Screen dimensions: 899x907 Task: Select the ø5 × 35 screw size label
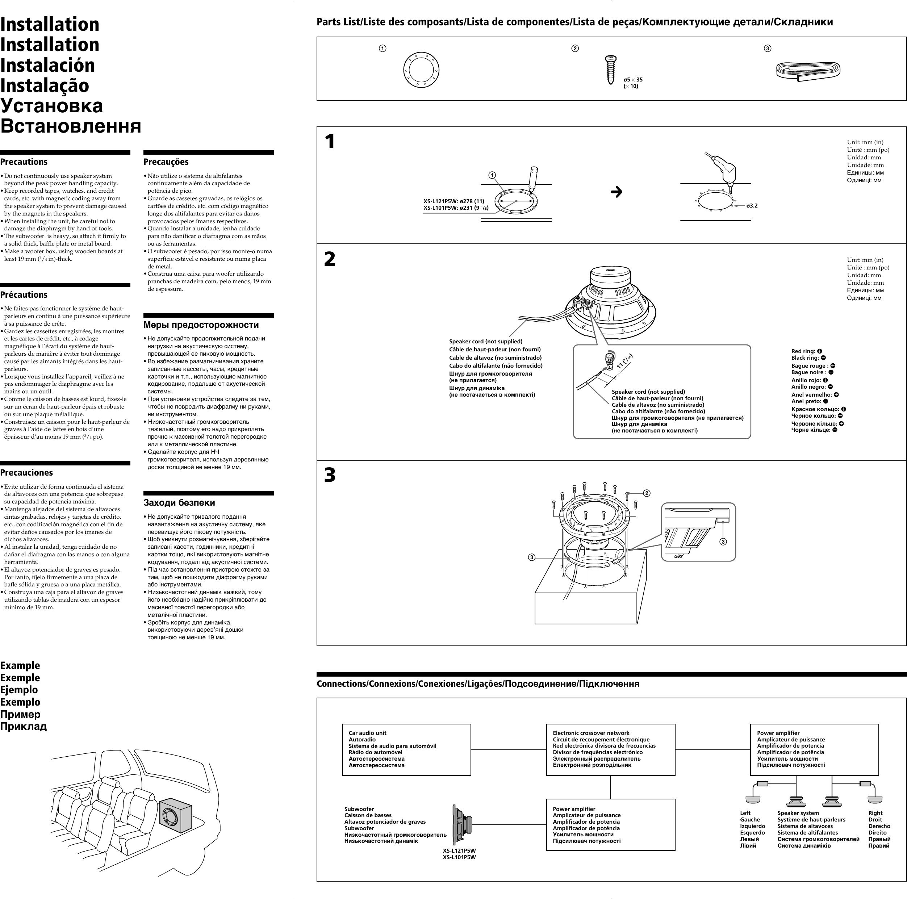(633, 79)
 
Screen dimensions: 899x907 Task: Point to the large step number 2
(330, 259)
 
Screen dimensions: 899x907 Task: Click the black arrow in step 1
(616, 192)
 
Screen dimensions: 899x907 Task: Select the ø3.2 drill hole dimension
(752, 206)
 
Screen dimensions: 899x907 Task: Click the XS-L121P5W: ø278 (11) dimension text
(453, 201)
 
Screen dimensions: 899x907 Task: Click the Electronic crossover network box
(610, 749)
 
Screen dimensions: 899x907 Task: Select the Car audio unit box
(406, 749)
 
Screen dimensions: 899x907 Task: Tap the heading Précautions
(24, 295)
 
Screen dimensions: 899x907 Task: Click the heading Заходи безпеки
(179, 502)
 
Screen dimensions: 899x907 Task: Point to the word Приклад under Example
(24, 727)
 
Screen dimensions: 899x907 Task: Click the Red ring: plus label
(806, 351)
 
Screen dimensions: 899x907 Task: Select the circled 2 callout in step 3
(647, 493)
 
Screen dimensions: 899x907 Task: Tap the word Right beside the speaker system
(875, 813)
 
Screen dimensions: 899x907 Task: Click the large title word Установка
(52, 106)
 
